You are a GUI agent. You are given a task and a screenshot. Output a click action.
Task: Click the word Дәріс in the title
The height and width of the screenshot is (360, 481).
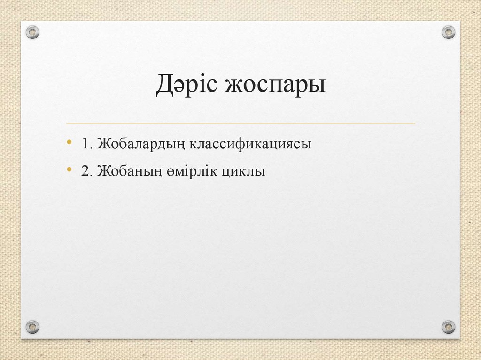click(187, 86)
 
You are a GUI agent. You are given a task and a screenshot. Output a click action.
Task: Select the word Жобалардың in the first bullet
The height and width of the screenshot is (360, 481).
click(141, 145)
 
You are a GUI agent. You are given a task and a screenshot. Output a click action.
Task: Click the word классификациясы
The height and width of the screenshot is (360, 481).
click(251, 144)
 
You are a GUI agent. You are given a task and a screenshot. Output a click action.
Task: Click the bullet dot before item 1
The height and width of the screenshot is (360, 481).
click(70, 142)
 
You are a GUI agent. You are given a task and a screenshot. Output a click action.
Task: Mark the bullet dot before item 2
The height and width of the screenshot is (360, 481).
click(70, 169)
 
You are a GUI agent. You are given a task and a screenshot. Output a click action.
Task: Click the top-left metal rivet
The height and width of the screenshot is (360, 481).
click(32, 32)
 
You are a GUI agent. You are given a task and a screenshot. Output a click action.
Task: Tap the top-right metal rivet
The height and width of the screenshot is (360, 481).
click(449, 32)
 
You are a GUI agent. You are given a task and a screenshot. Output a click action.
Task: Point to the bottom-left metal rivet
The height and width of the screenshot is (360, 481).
click(32, 326)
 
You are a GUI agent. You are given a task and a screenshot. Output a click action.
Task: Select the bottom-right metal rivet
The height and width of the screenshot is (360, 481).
click(449, 326)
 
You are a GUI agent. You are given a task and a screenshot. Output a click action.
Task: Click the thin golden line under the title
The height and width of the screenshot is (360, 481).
click(240, 123)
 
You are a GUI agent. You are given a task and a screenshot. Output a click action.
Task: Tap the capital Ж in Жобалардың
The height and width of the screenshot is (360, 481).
click(103, 144)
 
